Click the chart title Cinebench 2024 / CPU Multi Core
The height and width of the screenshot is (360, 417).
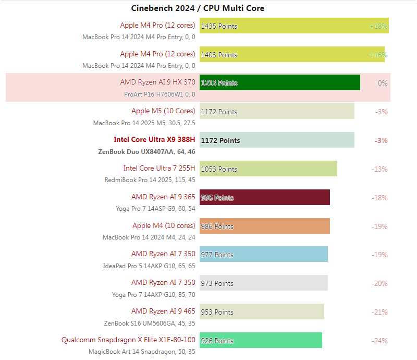(198, 8)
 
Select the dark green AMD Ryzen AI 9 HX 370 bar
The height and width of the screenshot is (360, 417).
(279, 83)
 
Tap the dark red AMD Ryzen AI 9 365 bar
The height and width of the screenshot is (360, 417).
(264, 198)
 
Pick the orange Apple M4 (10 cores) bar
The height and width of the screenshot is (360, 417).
(264, 226)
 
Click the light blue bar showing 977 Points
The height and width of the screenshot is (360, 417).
(263, 255)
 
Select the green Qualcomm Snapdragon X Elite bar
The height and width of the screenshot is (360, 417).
(261, 341)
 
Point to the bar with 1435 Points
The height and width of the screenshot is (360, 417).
(294, 26)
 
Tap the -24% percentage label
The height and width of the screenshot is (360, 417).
(380, 341)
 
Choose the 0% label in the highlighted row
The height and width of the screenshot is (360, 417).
(383, 83)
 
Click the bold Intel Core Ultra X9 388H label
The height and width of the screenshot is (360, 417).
(154, 140)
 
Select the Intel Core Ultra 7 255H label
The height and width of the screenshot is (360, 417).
(159, 168)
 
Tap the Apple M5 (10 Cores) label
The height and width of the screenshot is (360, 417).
(163, 111)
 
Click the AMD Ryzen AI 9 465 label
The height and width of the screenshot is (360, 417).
(163, 311)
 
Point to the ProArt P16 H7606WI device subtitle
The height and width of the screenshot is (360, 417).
(160, 94)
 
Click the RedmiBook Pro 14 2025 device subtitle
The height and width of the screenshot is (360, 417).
(150, 180)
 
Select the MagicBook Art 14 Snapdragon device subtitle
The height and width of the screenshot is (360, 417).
(142, 352)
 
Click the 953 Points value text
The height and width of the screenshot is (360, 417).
(217, 312)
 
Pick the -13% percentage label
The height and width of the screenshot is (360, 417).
(380, 169)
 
